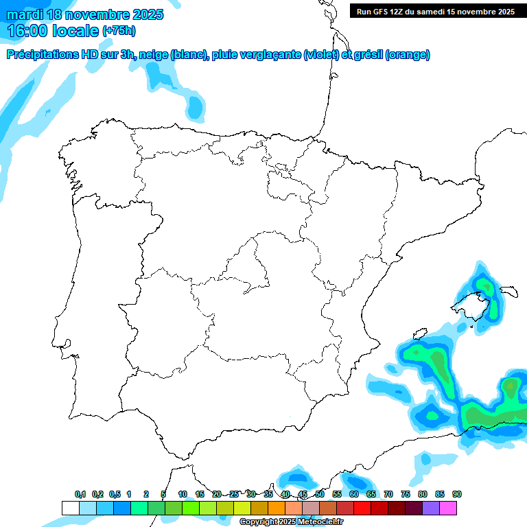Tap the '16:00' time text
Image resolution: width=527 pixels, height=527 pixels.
coord(28,30)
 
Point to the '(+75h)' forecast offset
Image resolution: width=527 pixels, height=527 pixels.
coord(119,30)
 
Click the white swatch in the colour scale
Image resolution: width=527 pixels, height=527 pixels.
coord(70,508)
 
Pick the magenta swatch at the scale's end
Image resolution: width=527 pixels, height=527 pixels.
coord(448,508)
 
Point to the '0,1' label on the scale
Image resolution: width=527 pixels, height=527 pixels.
coord(80,494)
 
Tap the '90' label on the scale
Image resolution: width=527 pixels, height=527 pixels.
coord(457,494)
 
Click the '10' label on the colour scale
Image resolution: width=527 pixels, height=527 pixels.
coord(183,494)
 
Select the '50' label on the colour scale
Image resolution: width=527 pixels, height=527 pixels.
coord(320,494)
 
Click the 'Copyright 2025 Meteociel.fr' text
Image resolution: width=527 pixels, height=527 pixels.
coord(291,522)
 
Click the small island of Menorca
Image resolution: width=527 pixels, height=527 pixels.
coord(508,292)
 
